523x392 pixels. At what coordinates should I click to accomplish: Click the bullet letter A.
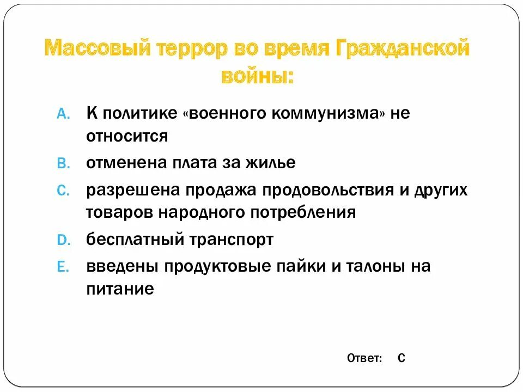(x=62, y=114)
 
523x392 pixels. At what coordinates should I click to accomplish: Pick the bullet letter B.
(x=62, y=163)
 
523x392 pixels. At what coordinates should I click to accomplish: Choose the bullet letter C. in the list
(x=62, y=191)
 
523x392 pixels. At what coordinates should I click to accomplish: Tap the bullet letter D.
(x=62, y=240)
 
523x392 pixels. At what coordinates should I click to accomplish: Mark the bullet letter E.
(x=62, y=267)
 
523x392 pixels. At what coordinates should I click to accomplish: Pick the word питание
(x=120, y=289)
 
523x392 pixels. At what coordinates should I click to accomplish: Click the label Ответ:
(x=364, y=358)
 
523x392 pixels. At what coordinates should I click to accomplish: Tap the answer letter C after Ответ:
(x=401, y=358)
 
